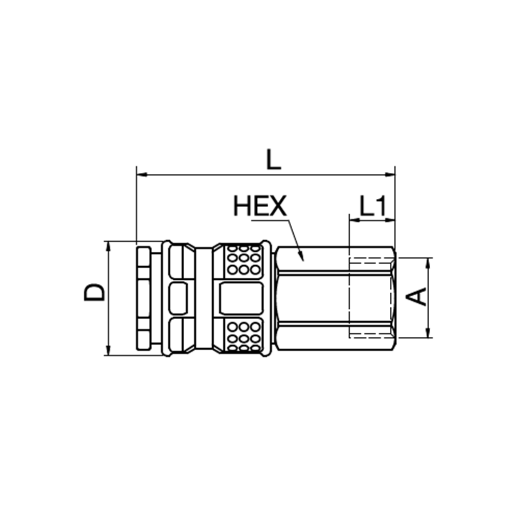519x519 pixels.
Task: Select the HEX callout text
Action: coord(259,207)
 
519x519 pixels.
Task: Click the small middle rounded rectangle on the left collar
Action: coord(178,298)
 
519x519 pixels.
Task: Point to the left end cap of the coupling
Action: coord(144,298)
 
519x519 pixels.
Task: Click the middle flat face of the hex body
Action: coord(311,298)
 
